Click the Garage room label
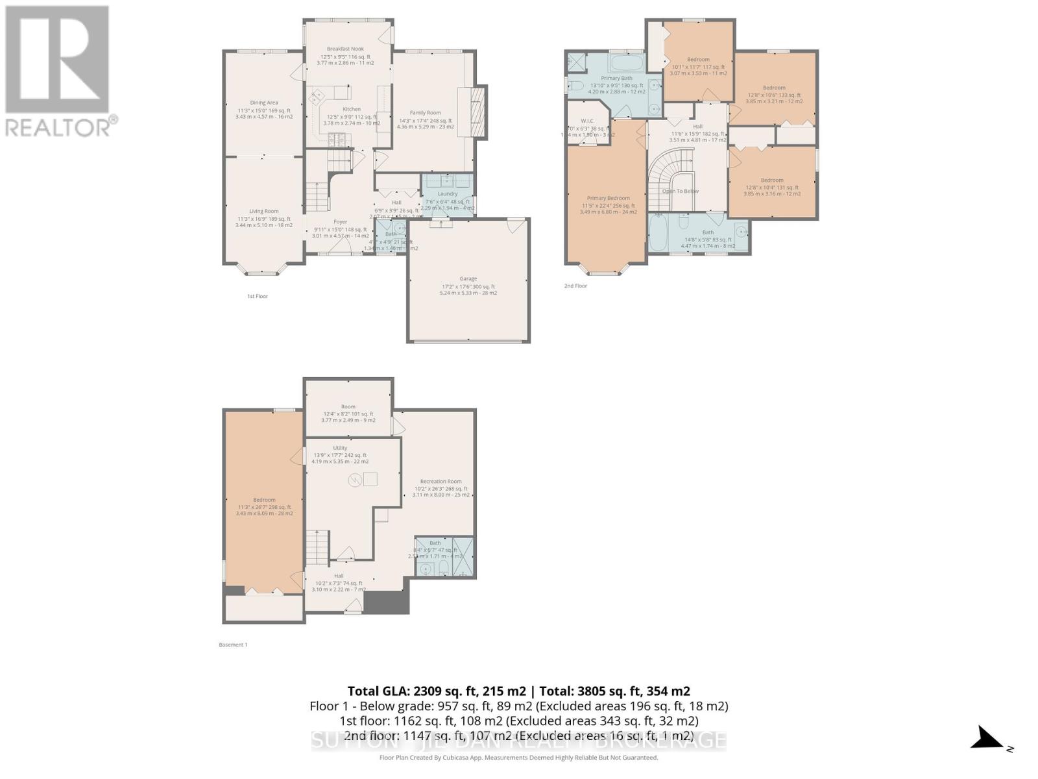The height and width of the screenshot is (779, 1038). tap(468, 278)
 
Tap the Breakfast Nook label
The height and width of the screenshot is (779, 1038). tap(345, 49)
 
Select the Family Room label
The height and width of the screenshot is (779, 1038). tap(425, 113)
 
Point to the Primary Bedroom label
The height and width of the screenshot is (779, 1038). tap(608, 198)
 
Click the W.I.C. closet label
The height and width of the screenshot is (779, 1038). tap(588, 121)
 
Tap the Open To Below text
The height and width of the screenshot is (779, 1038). tap(681, 191)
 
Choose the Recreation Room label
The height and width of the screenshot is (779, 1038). tap(441, 482)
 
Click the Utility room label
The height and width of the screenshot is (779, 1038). tap(340, 448)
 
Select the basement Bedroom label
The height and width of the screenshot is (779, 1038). tap(264, 500)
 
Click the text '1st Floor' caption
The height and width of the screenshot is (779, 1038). tap(257, 296)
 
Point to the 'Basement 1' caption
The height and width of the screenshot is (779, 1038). tap(233, 645)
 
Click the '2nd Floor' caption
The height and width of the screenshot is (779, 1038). tap(575, 286)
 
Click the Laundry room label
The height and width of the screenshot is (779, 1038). tap(448, 193)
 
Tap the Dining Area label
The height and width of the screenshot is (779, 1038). tap(264, 103)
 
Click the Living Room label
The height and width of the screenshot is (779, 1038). tap(264, 211)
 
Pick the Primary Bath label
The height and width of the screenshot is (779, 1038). tap(616, 78)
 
